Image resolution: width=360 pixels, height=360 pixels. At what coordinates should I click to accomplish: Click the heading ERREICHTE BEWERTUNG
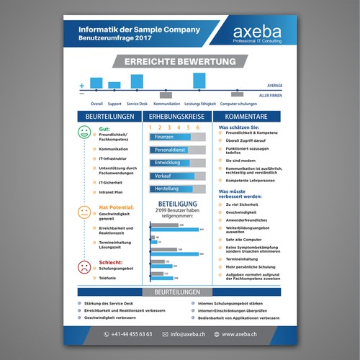[179, 63]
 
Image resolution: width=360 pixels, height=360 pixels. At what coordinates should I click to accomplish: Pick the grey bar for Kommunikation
[166, 94]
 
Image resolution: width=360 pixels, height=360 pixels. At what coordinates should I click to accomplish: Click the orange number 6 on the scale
[197, 127]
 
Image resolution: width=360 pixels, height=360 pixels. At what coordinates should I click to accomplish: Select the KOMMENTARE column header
[246, 117]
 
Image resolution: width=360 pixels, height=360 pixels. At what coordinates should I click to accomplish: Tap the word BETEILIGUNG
[176, 204]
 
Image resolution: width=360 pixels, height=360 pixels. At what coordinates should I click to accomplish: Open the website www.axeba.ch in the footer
[245, 334]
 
